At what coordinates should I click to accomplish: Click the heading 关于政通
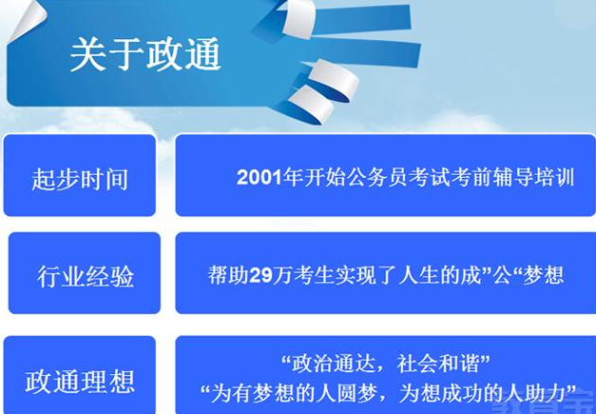145,54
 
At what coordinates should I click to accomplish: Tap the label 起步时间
80,179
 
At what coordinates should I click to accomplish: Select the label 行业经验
86,276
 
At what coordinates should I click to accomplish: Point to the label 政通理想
80,382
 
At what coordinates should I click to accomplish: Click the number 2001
260,177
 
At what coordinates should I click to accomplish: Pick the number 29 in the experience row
261,275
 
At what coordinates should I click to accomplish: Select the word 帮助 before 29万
228,275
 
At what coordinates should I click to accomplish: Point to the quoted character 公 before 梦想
503,275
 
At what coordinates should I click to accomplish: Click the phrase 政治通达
332,365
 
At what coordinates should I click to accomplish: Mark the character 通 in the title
203,54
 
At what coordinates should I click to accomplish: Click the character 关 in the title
87,54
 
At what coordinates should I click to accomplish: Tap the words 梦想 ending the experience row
544,275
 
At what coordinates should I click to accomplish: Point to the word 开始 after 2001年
325,177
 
